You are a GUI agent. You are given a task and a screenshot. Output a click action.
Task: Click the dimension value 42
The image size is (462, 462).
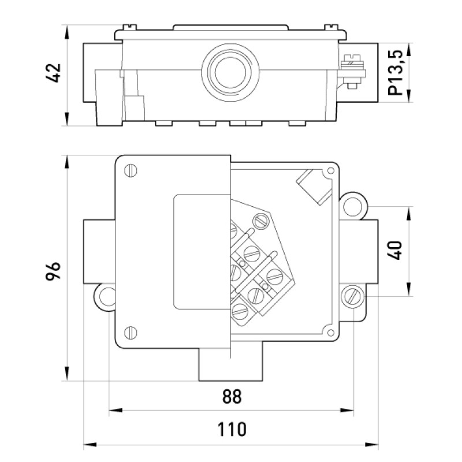point(54,73)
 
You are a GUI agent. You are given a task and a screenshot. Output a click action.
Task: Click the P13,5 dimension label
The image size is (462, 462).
point(396,73)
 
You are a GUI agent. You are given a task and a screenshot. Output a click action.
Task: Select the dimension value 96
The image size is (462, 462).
point(53,270)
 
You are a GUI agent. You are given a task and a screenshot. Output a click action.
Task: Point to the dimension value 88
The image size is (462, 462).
point(232,397)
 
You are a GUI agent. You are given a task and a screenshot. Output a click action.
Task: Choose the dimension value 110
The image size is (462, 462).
point(232,429)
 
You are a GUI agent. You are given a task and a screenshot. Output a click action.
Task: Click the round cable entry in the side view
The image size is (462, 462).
point(230,71)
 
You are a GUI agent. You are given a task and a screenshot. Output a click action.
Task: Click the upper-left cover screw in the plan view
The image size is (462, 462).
point(131,170)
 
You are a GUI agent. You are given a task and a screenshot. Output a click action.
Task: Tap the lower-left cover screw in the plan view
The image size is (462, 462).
point(131,333)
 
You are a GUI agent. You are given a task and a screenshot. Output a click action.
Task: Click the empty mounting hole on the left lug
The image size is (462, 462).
point(106,297)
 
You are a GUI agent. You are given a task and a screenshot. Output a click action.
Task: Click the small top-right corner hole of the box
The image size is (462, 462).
point(331,170)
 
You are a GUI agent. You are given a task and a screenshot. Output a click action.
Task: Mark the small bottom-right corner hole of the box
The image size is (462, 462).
point(330,333)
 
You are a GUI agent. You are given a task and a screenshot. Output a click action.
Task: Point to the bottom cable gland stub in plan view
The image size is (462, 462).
point(230,364)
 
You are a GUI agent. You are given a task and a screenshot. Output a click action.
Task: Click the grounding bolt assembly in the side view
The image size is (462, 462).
point(353,72)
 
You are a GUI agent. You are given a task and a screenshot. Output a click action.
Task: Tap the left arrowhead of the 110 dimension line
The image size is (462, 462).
point(90,444)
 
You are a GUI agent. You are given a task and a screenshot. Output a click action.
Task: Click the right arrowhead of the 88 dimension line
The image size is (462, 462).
point(347,410)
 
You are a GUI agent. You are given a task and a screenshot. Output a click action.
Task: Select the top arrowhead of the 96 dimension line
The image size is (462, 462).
point(68,162)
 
